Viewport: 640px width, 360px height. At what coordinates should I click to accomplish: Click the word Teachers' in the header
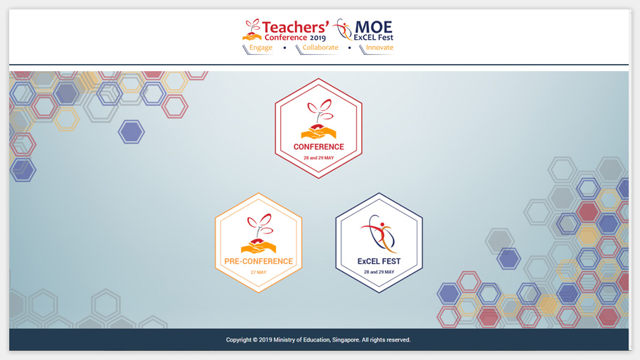[x=295, y=27]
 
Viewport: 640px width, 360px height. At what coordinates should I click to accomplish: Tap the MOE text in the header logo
[x=373, y=27]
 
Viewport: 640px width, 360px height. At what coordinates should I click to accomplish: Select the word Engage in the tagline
[x=261, y=48]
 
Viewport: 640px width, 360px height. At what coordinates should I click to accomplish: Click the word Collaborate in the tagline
[x=321, y=48]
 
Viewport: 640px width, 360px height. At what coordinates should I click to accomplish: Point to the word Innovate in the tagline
[x=380, y=48]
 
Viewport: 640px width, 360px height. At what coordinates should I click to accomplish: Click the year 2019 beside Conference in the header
[x=318, y=38]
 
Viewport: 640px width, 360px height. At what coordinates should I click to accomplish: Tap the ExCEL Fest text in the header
[x=373, y=38]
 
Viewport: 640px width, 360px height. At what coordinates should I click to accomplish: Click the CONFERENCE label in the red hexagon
[x=319, y=147]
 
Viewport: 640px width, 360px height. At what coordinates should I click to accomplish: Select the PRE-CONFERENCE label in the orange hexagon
[x=258, y=261]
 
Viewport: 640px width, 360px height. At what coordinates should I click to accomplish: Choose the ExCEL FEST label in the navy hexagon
[x=379, y=261]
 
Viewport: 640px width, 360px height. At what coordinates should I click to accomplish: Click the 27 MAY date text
[x=258, y=272]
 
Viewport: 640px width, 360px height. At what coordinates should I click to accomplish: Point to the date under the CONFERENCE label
[x=319, y=158]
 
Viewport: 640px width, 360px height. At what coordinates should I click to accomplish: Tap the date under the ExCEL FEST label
[x=379, y=272]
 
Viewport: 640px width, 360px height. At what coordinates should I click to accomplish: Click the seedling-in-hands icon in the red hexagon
[x=319, y=120]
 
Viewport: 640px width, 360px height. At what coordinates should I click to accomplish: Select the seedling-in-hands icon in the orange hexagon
[x=258, y=233]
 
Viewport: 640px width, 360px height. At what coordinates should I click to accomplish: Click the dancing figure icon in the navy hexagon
[x=378, y=234]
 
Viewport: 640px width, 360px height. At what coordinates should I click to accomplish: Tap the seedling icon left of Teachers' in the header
[x=252, y=30]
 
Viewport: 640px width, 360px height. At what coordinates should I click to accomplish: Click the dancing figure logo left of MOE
[x=343, y=29]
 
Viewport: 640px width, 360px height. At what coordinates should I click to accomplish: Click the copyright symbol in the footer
[x=255, y=339]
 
